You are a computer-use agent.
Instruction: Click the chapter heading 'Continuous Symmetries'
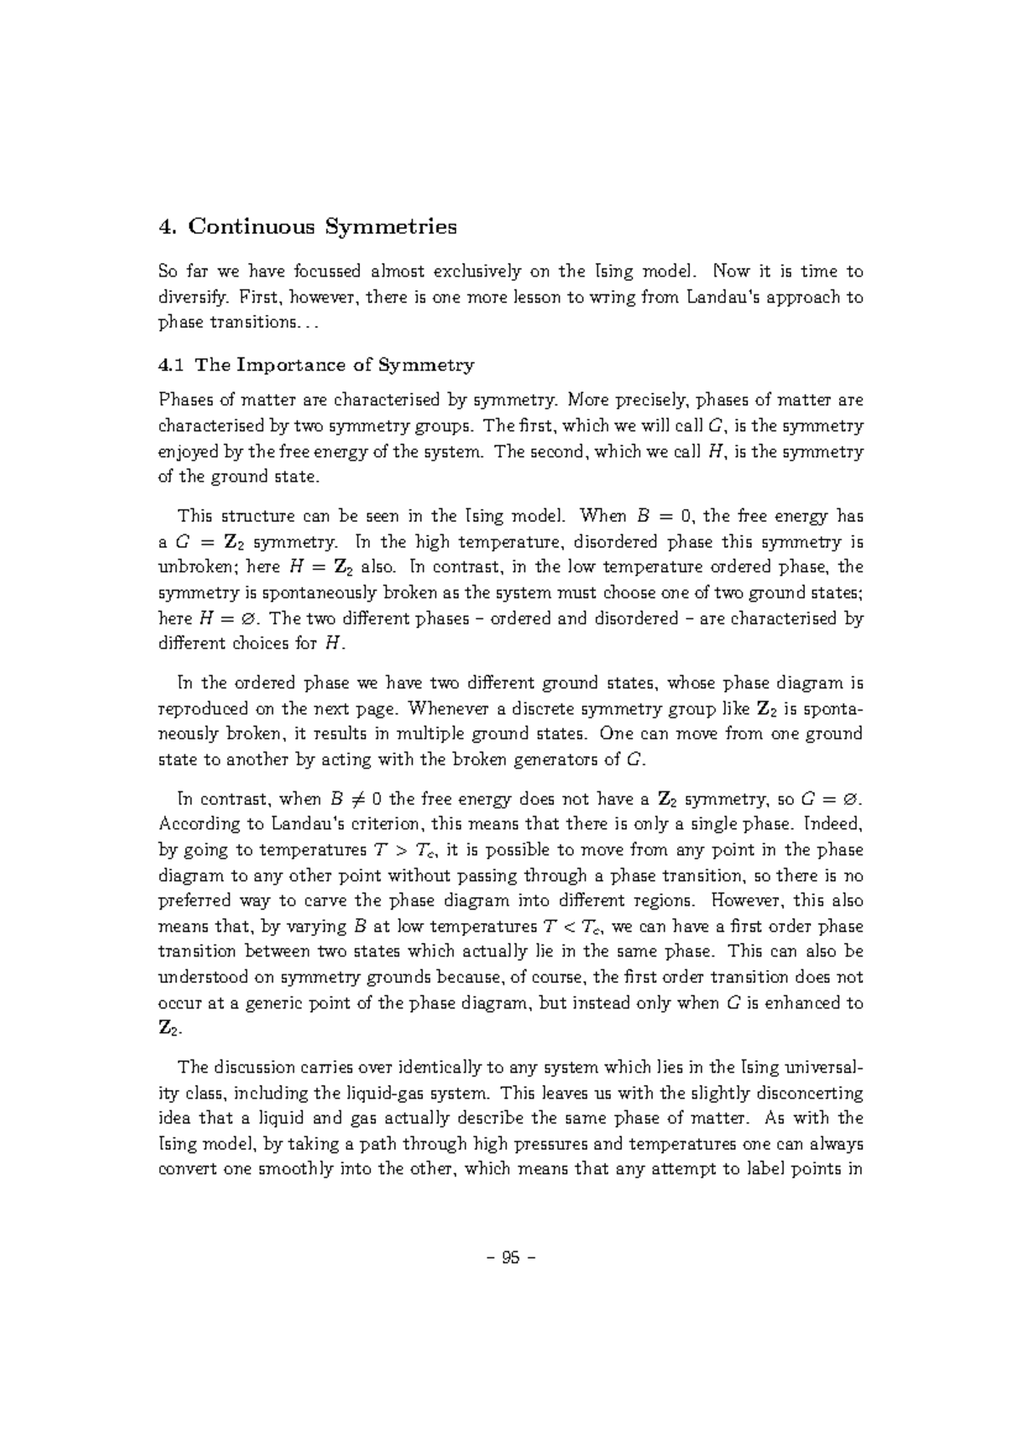tap(322, 227)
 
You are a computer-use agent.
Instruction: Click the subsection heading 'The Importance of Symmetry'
tap(334, 365)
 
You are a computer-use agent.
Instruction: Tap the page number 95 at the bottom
tap(510, 1259)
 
